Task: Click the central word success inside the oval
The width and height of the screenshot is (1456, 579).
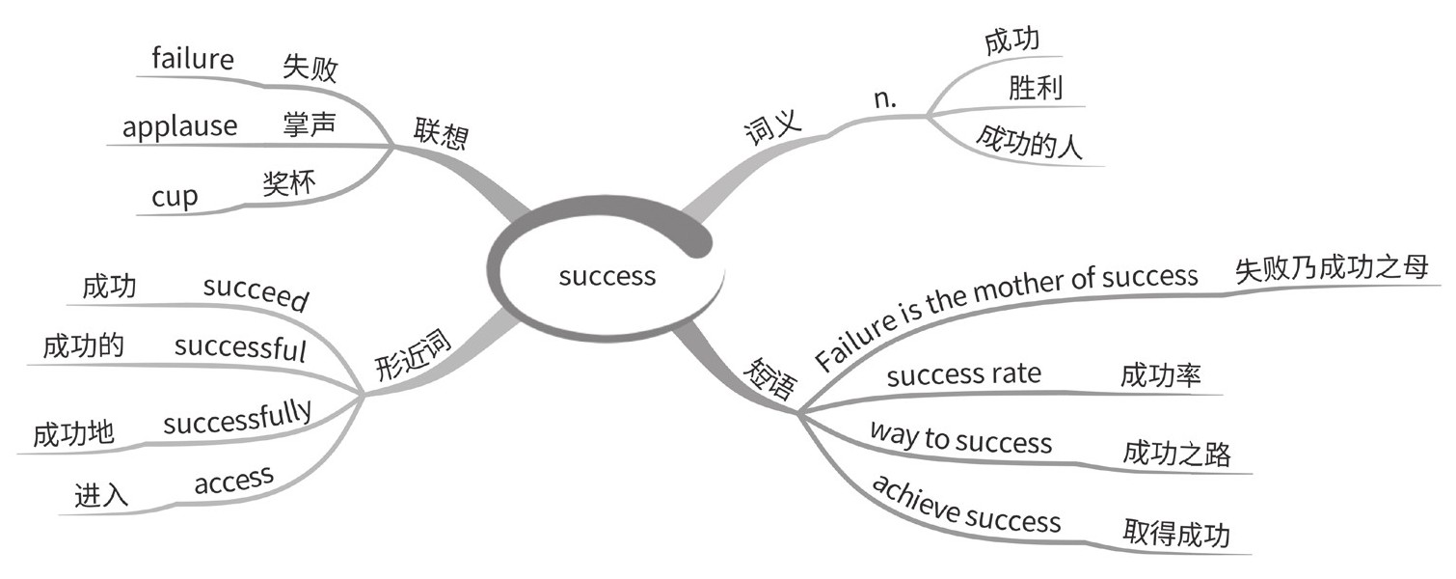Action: coord(607,276)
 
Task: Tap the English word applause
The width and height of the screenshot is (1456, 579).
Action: coord(180,126)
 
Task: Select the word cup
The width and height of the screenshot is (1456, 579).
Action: coord(175,198)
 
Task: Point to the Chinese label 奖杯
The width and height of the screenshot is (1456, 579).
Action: coord(288,184)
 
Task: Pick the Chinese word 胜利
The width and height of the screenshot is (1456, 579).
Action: coord(1035,90)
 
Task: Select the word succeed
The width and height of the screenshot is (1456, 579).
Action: coord(256,294)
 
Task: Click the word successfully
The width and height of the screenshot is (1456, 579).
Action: coord(237,421)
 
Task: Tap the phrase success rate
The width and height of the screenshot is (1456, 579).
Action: coord(963,373)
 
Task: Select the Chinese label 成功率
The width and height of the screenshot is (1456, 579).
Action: coord(1161,375)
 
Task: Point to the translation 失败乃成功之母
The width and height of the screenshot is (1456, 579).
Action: coord(1331,269)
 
